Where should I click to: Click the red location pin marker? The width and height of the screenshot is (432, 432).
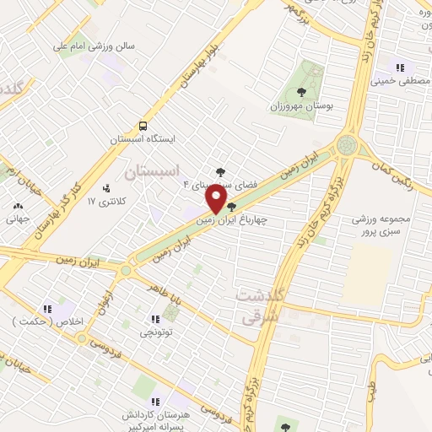click(216, 201)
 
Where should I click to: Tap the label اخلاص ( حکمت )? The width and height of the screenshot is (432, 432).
click(43, 322)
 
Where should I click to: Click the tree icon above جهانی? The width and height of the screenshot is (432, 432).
click(18, 205)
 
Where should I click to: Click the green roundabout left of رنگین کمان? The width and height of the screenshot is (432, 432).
click(346, 145)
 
